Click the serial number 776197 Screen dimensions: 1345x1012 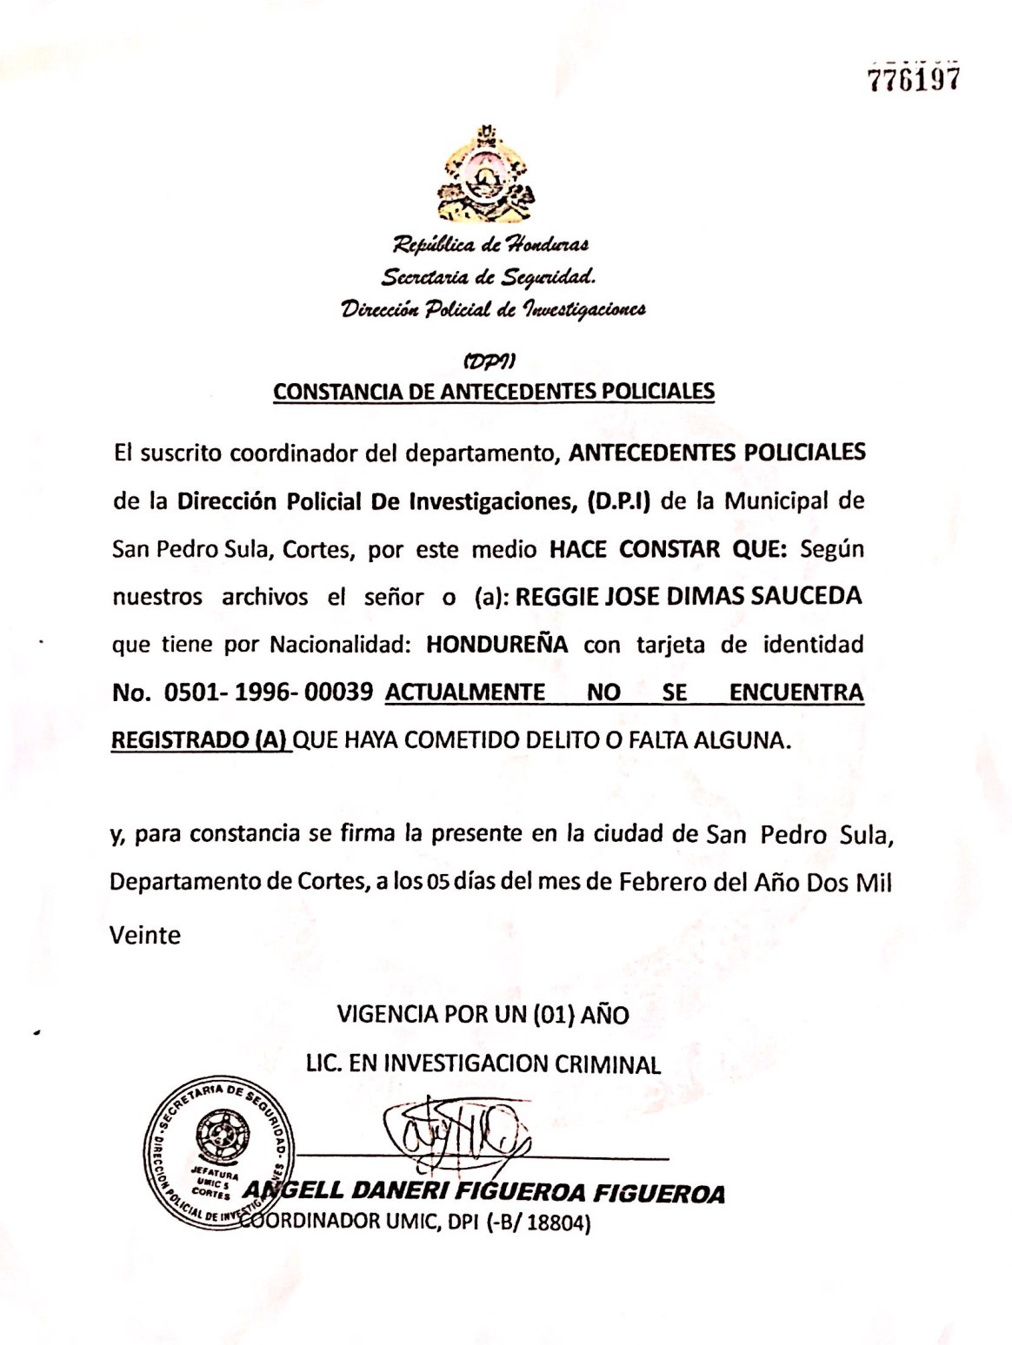coord(914,79)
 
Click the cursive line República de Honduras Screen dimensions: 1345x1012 coord(492,245)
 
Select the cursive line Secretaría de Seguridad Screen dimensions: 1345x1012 coord(489,277)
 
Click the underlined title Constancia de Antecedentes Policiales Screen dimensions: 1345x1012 coord(494,391)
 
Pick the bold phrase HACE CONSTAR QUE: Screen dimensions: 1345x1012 coord(667,549)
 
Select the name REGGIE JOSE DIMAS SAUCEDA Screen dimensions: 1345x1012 coord(689,597)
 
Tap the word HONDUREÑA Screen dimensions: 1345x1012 coord(497,645)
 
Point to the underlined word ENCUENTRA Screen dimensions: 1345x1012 coord(796,692)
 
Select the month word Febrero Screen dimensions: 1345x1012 coord(659,882)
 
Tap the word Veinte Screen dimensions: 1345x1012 coord(145,935)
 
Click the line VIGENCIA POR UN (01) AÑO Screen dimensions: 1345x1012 coord(483,1014)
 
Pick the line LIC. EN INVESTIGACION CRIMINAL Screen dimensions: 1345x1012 coord(483,1063)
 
